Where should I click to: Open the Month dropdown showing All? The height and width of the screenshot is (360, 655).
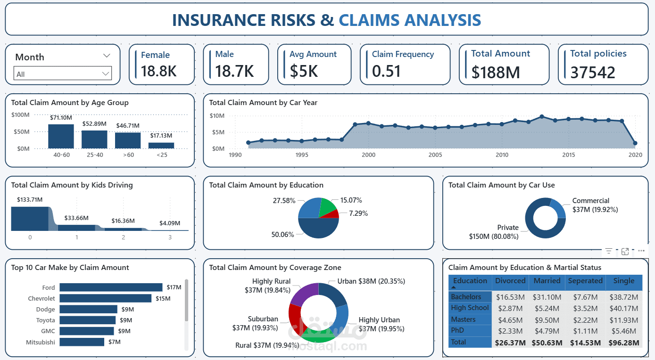pos(62,74)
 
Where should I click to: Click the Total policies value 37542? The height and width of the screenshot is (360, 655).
pos(593,73)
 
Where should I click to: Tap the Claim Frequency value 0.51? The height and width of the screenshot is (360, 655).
pos(386,71)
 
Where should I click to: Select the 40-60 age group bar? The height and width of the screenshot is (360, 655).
pos(61,136)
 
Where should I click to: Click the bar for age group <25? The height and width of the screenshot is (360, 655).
pos(161,145)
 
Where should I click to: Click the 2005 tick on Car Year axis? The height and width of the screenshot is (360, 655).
pos(435,155)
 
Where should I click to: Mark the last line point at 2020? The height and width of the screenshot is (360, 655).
pos(635,143)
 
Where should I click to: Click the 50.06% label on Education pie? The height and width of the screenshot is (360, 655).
pos(283,235)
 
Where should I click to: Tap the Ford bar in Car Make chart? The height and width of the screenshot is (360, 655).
pos(111,287)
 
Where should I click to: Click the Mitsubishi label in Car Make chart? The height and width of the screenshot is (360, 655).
pos(41,342)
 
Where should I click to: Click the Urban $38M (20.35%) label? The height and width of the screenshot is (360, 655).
pos(371,281)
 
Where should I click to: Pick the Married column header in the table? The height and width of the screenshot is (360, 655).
pos(547,281)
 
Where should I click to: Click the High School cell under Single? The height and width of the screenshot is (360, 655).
pos(623,308)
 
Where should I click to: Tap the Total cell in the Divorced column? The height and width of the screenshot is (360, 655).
pos(510,343)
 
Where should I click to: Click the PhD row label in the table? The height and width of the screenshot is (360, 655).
pos(457,331)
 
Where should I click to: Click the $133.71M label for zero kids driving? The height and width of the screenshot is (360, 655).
pos(30,200)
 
